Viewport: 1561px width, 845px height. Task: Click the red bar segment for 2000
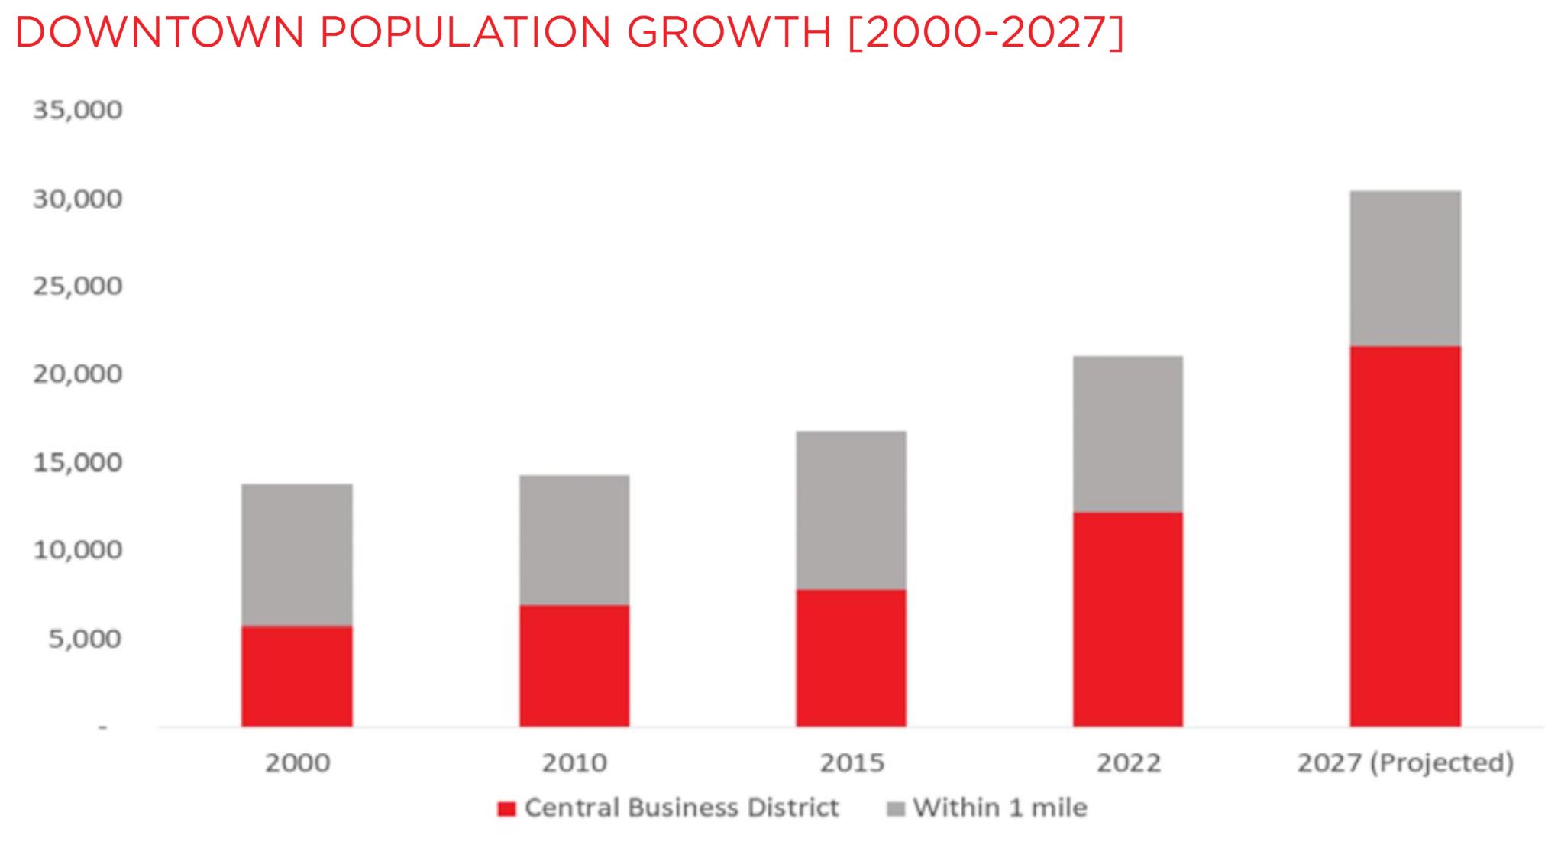297,675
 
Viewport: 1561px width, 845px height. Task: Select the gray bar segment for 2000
297,555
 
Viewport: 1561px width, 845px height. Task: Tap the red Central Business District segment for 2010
574,665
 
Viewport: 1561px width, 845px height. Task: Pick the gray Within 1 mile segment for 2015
851,510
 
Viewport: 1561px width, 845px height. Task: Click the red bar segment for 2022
1127,619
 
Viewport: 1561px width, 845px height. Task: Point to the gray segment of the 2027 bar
1405,268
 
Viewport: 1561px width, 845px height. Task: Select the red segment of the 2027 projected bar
1405,536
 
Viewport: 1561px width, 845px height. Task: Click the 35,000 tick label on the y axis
77,111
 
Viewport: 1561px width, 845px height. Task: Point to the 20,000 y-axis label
77,374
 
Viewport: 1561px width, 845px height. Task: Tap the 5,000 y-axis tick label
85,639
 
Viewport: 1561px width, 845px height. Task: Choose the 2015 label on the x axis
852,762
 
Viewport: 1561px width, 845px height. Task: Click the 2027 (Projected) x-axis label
1405,762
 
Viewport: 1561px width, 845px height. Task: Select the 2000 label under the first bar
297,762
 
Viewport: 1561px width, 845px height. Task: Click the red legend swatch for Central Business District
506,808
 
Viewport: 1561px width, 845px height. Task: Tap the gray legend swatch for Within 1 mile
896,808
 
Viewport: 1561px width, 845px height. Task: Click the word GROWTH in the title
729,33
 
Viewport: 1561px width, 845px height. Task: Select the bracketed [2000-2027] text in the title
986,33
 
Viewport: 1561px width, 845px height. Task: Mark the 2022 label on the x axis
1128,762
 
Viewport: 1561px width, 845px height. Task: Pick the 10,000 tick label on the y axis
77,550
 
